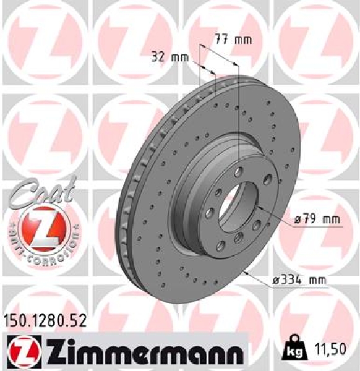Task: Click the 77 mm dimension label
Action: (x=233, y=40)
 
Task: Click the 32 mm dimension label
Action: (x=169, y=58)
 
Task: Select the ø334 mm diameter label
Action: (x=299, y=281)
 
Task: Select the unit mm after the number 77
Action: (x=244, y=40)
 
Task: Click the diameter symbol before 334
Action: (x=276, y=281)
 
